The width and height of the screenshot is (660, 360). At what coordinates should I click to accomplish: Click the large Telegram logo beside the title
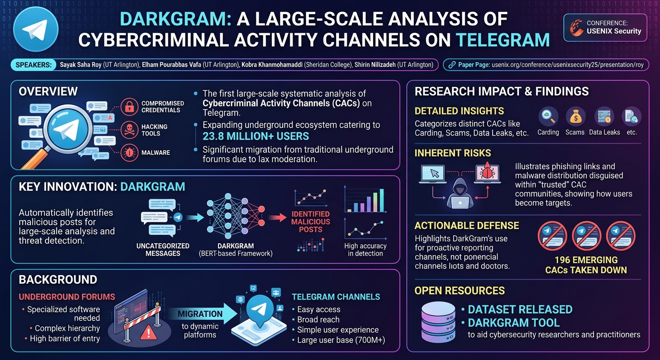[36, 30]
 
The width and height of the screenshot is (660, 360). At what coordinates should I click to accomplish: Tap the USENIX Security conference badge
[605, 27]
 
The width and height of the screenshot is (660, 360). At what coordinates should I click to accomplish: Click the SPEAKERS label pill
[33, 65]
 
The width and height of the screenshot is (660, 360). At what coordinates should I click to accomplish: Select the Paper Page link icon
[452, 65]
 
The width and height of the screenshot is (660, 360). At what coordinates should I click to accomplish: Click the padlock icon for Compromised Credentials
[129, 107]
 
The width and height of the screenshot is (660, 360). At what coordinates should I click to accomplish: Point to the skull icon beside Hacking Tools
[129, 130]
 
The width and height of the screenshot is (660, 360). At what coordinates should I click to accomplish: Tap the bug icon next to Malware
[129, 152]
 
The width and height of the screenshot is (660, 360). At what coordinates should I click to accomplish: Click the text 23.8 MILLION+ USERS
[256, 136]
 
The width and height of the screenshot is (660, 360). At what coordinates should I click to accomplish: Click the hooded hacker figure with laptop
[460, 193]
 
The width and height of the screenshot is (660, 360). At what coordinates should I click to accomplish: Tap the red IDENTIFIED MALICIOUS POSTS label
[311, 222]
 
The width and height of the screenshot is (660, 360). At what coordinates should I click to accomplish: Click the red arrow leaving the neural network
[277, 217]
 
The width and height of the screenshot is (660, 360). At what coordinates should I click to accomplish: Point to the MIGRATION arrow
[203, 314]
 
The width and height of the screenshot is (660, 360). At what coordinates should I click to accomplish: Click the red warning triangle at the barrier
[148, 333]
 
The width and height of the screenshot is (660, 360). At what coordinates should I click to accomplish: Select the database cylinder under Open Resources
[438, 322]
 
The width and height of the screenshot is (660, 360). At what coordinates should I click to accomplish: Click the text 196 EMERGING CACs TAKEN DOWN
[586, 265]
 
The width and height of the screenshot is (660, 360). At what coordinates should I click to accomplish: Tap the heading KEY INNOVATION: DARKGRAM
[102, 187]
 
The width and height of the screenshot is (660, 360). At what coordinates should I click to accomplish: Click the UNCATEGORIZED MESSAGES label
[163, 249]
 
